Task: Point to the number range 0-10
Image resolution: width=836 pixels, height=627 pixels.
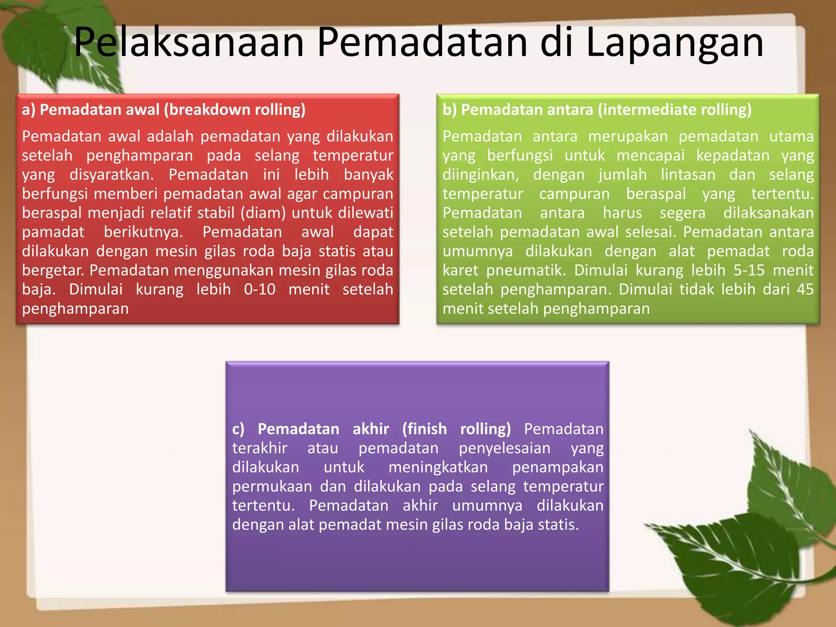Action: coord(260,289)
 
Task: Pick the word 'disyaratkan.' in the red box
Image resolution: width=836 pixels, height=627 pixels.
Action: coord(112,175)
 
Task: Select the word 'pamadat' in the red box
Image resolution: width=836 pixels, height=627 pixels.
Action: coord(53,232)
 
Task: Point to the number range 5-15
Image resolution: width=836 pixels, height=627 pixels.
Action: coord(749,270)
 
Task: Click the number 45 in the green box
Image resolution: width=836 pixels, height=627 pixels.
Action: coord(805,289)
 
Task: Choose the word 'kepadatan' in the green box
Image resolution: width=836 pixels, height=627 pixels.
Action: coord(733,156)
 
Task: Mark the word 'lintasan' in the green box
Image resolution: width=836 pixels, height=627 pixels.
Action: coord(688,175)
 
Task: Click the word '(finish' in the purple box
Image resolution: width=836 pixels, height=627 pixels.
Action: coord(425,429)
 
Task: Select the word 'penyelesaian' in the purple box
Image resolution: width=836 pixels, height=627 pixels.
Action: coord(505,448)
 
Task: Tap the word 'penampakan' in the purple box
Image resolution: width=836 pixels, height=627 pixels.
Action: coord(558,467)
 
